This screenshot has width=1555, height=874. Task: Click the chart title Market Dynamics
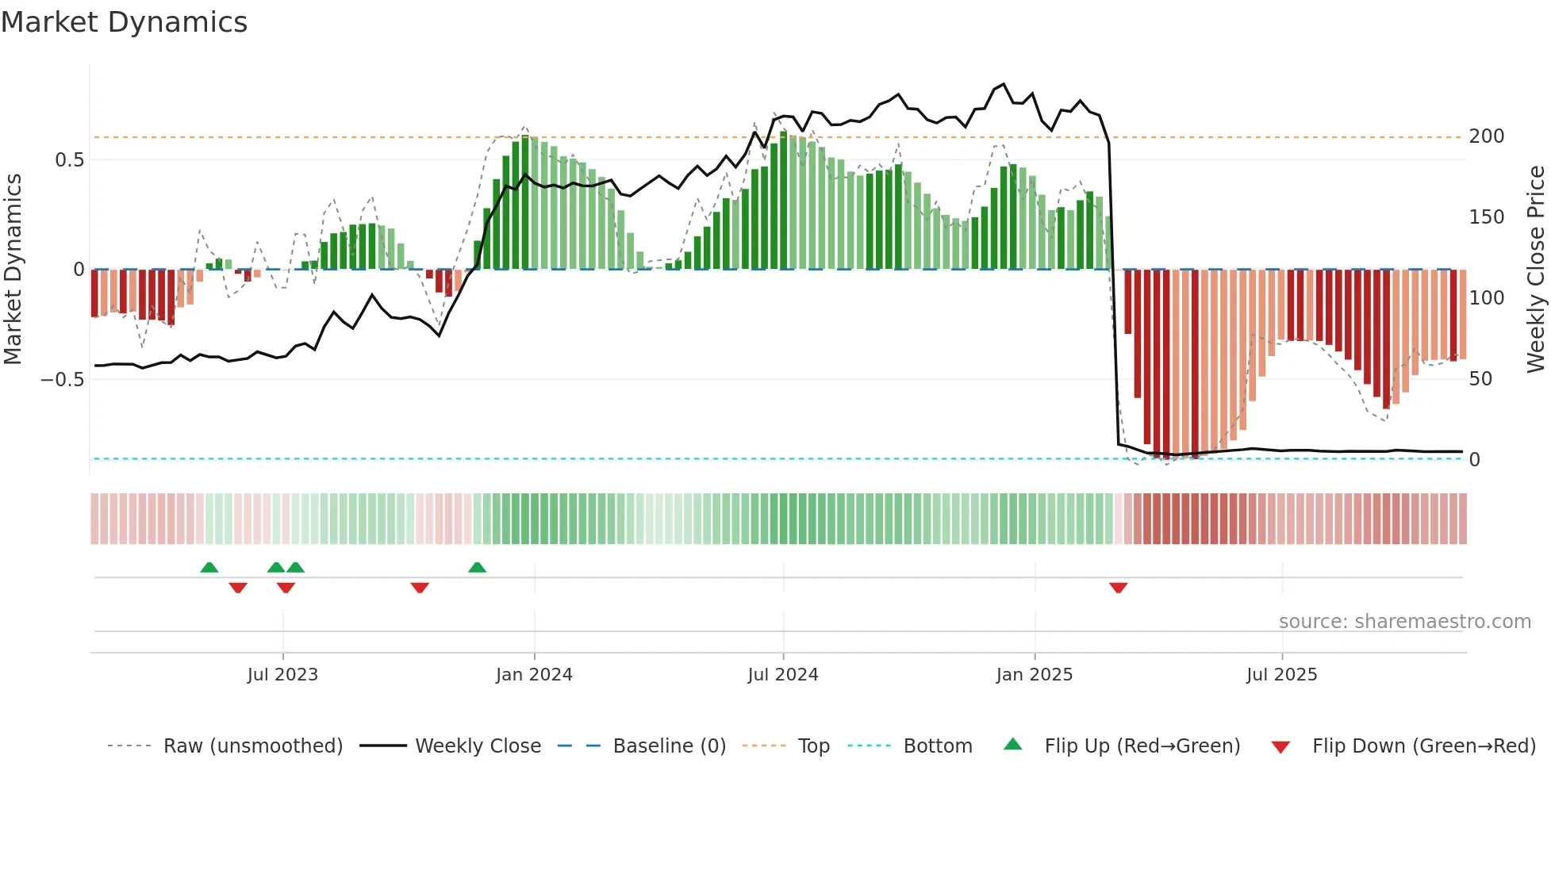coord(124,22)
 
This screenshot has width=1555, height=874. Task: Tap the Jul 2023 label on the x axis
coord(282,675)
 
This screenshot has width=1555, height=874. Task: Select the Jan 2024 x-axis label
coord(534,675)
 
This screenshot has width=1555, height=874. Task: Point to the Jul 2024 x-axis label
coord(782,675)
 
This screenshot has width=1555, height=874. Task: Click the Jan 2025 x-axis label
coord(1035,675)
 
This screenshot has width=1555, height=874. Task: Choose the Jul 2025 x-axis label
coord(1281,675)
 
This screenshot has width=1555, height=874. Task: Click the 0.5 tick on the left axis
coord(69,160)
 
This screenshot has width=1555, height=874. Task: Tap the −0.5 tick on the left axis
coord(63,380)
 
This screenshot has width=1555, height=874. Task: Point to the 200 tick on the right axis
coord(1486,136)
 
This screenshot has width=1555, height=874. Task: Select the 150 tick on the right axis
coord(1486,217)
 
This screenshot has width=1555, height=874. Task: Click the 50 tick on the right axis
coord(1480,379)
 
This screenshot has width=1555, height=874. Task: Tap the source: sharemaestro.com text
coord(1404,622)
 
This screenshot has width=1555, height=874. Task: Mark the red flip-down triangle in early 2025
coord(1119,588)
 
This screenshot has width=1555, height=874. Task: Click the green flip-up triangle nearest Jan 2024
coord(477,567)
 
